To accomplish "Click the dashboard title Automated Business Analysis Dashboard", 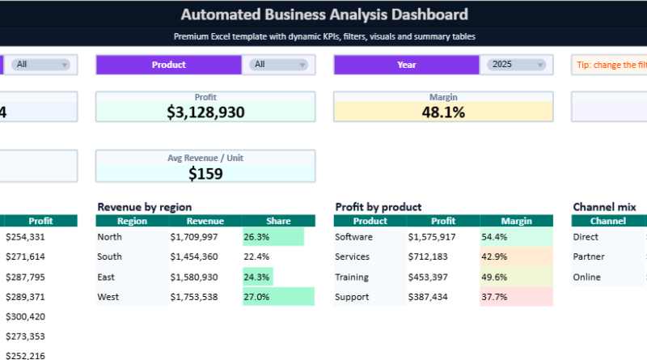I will (x=323, y=15).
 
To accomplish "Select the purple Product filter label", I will (x=168, y=65).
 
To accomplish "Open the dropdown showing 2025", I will (x=518, y=65).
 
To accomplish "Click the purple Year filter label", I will (x=408, y=65).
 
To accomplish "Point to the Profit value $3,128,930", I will (x=205, y=112).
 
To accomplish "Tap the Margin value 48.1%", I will (x=443, y=112).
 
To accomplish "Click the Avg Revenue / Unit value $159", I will (x=205, y=172).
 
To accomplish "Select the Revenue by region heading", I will (x=144, y=207).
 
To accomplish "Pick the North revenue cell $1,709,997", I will (x=194, y=237).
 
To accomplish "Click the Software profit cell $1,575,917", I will (x=432, y=237).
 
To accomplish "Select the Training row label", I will (x=353, y=277).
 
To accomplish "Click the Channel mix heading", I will (x=603, y=207).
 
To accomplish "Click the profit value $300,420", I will (x=26, y=316).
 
